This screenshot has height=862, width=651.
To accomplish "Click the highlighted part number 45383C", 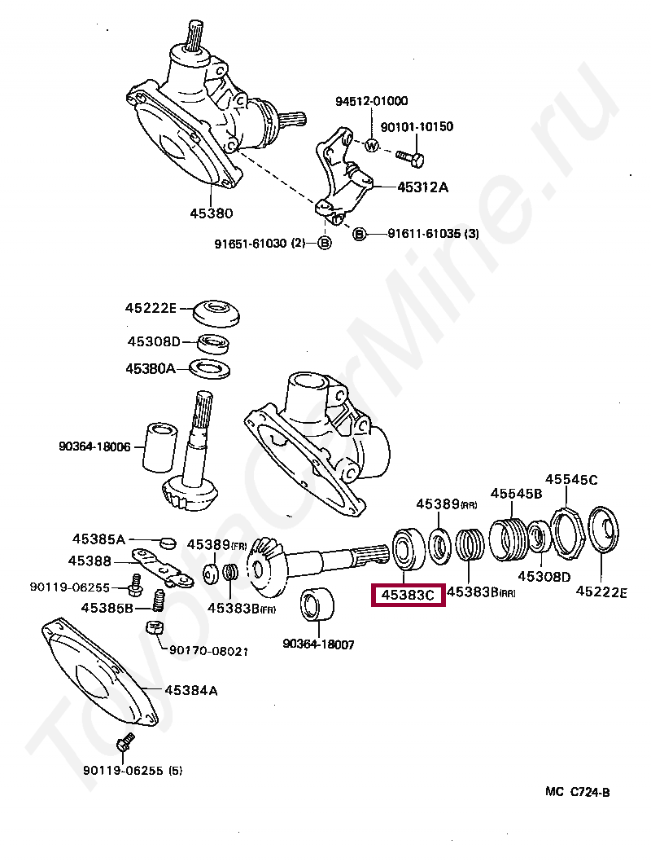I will point(407,596).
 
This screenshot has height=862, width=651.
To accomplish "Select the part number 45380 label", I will point(212,213).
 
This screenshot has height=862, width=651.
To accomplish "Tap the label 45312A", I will point(422,187).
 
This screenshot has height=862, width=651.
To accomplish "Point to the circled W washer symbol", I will point(371,147).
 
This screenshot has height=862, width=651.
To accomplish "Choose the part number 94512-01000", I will point(372,101).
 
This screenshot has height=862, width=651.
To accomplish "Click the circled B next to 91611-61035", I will point(359,235).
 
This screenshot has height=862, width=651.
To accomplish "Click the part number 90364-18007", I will point(318,644).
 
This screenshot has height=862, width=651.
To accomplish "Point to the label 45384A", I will point(191,690).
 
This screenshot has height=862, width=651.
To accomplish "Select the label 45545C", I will point(570,480).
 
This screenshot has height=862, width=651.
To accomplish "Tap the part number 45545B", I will point(515,493).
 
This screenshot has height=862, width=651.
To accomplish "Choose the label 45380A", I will point(150,368).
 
